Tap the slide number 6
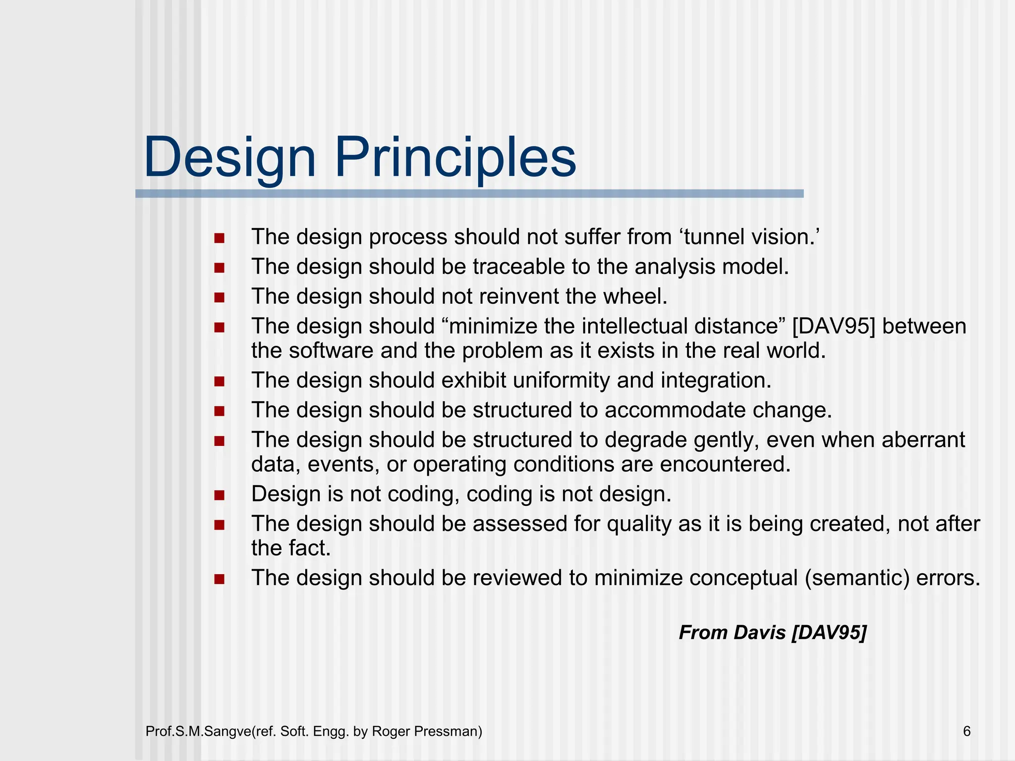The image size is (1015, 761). (966, 731)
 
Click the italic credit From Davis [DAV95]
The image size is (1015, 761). (772, 633)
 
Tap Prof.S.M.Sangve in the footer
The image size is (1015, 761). (198, 731)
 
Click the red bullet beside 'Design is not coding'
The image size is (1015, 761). (220, 495)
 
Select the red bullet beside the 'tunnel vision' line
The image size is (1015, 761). (220, 238)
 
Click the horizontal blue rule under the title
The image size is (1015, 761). (469, 194)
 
